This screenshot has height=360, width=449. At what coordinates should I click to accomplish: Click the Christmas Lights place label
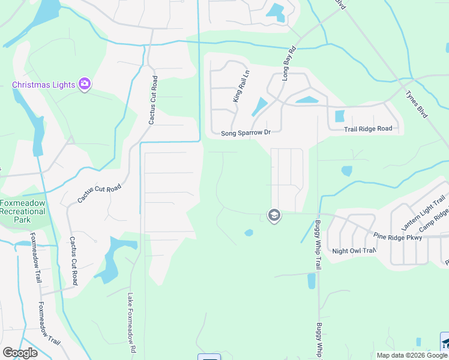click(44, 85)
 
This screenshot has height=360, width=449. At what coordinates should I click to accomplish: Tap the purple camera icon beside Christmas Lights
click(85, 84)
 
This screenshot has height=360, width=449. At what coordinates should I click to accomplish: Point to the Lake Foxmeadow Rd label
click(131, 323)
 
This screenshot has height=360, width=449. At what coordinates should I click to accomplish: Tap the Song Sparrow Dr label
click(246, 133)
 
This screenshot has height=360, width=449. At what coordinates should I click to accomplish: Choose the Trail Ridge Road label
click(368, 129)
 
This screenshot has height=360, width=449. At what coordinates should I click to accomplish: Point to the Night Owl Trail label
click(354, 251)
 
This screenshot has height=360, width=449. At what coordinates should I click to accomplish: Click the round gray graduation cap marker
click(274, 215)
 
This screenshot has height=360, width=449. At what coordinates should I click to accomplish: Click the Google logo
click(20, 353)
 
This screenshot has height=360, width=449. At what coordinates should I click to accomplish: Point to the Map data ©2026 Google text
click(412, 355)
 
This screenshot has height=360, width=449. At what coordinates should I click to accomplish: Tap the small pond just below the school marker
click(249, 232)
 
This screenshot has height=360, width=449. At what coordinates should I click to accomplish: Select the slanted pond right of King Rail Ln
click(259, 107)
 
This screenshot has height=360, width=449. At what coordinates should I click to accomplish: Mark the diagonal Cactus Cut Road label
click(99, 193)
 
